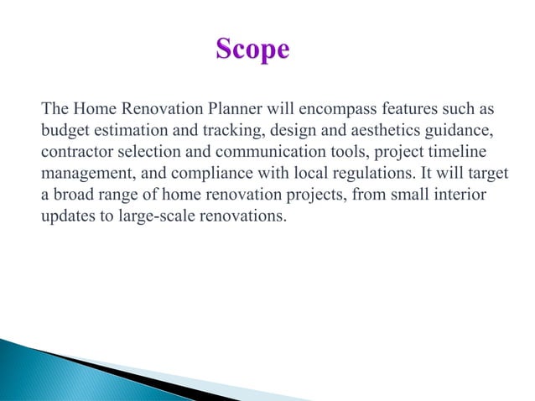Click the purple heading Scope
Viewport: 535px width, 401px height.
coord(252,49)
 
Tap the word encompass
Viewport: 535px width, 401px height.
coord(339,109)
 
